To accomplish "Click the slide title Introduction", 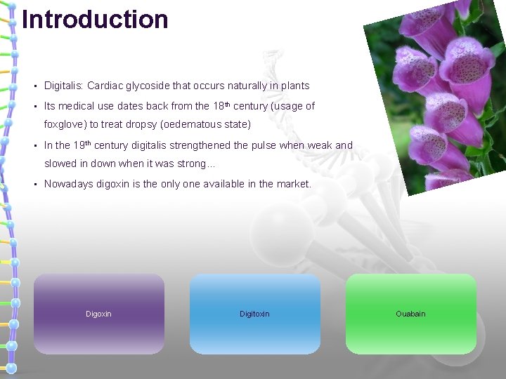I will (x=95, y=19).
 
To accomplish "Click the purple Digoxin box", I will (x=98, y=314).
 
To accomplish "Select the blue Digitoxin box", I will (x=254, y=314).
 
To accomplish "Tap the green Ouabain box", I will (x=410, y=314).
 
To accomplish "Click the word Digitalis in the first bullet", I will (x=63, y=86).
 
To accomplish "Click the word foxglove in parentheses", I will (x=65, y=125).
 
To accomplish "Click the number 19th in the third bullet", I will (x=82, y=145).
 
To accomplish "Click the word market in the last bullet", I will (x=293, y=184).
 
